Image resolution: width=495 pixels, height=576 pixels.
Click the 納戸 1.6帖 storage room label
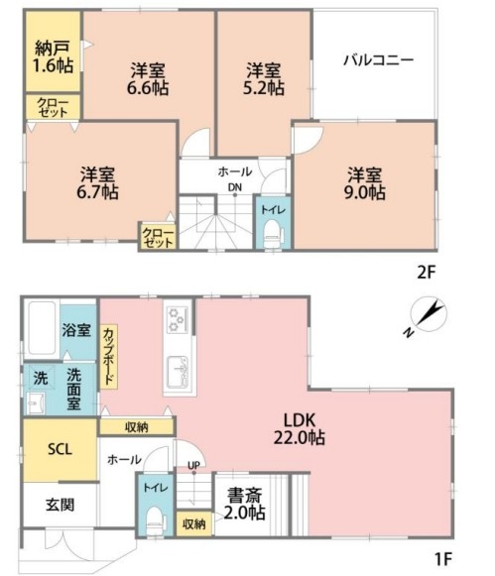(54, 57)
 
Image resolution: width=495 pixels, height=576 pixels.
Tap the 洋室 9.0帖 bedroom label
(364, 183)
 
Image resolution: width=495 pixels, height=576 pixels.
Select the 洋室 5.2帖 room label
(264, 79)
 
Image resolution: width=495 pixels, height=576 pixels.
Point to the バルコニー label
(379, 59)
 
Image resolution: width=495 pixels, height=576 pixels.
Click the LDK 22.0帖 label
(300, 428)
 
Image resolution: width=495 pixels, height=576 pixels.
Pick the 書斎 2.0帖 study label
(244, 504)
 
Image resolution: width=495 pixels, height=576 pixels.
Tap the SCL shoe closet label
(61, 449)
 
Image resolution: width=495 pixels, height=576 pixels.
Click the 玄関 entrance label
(60, 505)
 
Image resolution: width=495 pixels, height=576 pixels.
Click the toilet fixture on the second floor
(273, 234)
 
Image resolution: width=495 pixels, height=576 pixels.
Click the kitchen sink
(178, 373)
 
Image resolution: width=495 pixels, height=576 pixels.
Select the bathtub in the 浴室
(42, 328)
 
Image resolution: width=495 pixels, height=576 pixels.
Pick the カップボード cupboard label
(108, 356)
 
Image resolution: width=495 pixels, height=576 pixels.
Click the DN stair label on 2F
(234, 187)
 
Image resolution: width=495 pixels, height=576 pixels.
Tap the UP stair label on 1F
(193, 465)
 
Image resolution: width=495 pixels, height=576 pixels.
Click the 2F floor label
(426, 273)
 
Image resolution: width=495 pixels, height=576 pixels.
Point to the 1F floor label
(442, 559)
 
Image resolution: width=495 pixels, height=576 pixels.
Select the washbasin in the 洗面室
(36, 403)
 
